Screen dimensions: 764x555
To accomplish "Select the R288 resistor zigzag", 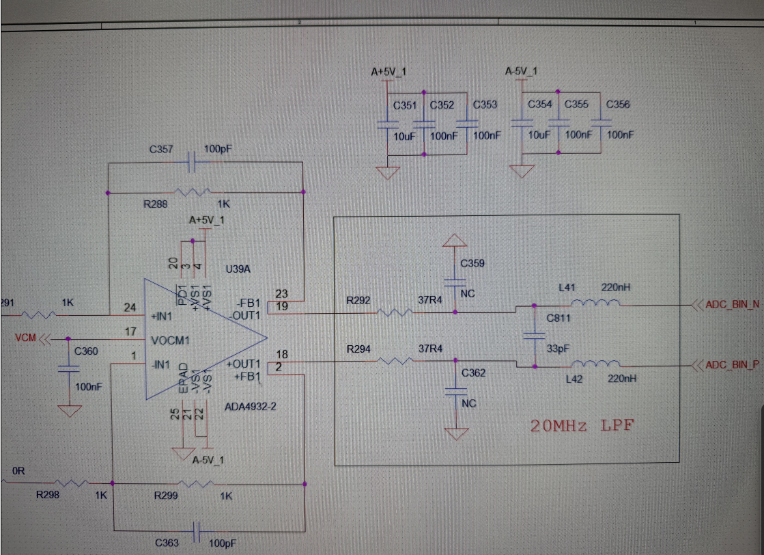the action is pyautogui.click(x=193, y=192).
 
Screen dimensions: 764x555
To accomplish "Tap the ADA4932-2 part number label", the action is pyautogui.click(x=251, y=406).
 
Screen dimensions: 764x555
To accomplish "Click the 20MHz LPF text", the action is pyautogui.click(x=582, y=426).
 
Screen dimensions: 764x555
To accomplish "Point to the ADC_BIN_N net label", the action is pyautogui.click(x=733, y=304).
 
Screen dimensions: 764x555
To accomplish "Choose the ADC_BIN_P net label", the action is pyautogui.click(x=733, y=365).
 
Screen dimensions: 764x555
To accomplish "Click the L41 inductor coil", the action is pyautogui.click(x=595, y=303).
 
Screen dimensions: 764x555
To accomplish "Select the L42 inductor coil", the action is pyautogui.click(x=595, y=364).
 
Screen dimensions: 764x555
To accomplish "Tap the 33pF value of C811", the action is pyautogui.click(x=558, y=349).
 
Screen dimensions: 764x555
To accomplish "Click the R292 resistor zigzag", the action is pyautogui.click(x=395, y=312).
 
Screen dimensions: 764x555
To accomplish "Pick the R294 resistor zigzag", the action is pyautogui.click(x=395, y=361).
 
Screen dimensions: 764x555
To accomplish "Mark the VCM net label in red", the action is pyautogui.click(x=25, y=338).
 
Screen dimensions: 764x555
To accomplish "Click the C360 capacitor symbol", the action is pyautogui.click(x=68, y=368).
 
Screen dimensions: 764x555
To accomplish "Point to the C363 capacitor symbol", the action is pyautogui.click(x=197, y=531).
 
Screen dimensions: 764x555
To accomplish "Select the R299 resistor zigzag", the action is pyautogui.click(x=195, y=484).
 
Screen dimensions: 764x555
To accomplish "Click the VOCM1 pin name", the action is pyautogui.click(x=170, y=340).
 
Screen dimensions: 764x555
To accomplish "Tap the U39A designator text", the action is pyautogui.click(x=238, y=269).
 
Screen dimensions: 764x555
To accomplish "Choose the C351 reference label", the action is pyautogui.click(x=405, y=105).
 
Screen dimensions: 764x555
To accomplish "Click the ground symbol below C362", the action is pyautogui.click(x=457, y=433).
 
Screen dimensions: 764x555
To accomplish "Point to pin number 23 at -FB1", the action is pyautogui.click(x=281, y=294).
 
